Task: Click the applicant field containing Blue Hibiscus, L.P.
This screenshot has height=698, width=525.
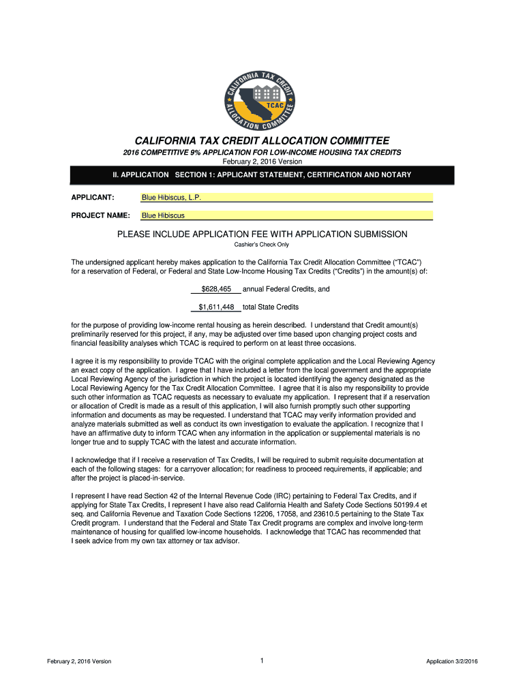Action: [286, 198]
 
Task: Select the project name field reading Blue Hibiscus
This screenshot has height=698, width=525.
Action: [286, 215]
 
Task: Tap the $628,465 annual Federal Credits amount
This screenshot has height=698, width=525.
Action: [216, 289]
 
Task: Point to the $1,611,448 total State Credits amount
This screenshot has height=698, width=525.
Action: [216, 307]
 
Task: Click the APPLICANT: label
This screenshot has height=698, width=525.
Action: [93, 198]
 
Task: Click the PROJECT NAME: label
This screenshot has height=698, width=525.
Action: [101, 215]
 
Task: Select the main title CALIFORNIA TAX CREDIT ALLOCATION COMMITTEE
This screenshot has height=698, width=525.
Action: [262, 140]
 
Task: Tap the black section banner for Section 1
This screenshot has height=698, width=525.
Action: [262, 175]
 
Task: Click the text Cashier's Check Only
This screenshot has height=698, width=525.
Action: [262, 245]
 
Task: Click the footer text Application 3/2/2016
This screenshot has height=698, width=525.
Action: [452, 661]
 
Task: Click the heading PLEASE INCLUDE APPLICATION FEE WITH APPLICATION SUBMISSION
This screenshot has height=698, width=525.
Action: [262, 234]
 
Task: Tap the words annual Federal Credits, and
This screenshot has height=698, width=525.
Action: [286, 289]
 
